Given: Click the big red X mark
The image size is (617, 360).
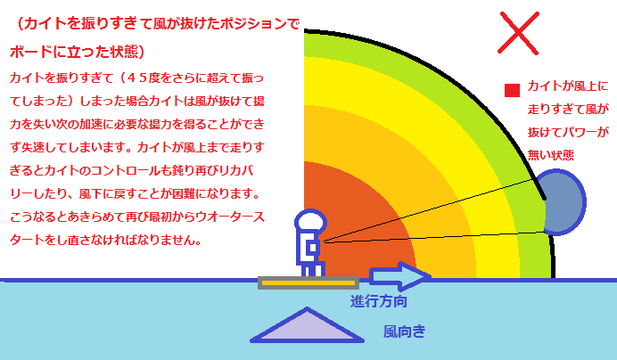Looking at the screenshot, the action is pos(518,33).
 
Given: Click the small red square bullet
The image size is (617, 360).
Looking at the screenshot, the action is pos(512,90).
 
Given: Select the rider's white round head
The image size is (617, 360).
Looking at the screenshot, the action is pos(311,220).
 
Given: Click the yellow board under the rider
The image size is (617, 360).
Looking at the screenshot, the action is pos(308,282).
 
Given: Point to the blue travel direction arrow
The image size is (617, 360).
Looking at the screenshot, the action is pos(399,276).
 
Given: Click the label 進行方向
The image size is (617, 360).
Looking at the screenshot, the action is pos(379,302).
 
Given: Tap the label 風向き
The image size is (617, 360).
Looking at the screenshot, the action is pos(405,331).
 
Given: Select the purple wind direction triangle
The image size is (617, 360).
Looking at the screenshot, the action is pos(307,326).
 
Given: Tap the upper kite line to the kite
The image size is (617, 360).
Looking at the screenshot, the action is pos(428,210).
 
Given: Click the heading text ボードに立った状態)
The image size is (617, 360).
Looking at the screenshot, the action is pos(77,52).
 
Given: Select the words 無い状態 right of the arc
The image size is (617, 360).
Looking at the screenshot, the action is pos(551,155).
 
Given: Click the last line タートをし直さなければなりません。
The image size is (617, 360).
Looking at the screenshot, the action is pos(106,240).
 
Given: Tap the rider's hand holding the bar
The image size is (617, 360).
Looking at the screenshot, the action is pos(314,247).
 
